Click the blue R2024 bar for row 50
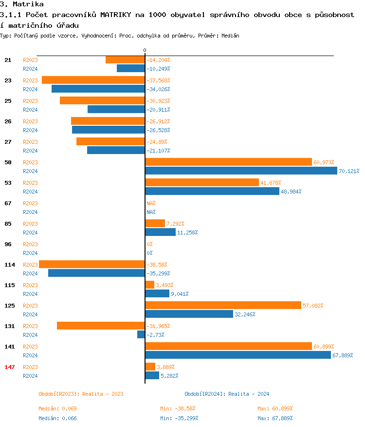pyautogui.click(x=241, y=171)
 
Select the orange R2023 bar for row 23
pyautogui.click(x=93, y=80)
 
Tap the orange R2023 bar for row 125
pyautogui.click(x=223, y=306)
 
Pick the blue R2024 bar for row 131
pyautogui.click(x=141, y=335)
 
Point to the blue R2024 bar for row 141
pyautogui.click(x=238, y=355)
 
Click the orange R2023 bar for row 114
pyautogui.click(x=92, y=265)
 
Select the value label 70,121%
pyautogui.click(x=349, y=171)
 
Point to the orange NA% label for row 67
pyautogui.click(x=151, y=203)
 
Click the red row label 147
pyautogui.click(x=9, y=367)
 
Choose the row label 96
pyautogui.click(x=8, y=244)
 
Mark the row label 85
pyautogui.click(x=8, y=223)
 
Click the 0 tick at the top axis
pyautogui.click(x=145, y=51)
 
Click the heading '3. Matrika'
pyautogui.click(x=22, y=4)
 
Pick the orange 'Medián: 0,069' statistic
pyautogui.click(x=57, y=408)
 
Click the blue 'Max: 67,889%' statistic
pyautogui.click(x=275, y=418)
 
